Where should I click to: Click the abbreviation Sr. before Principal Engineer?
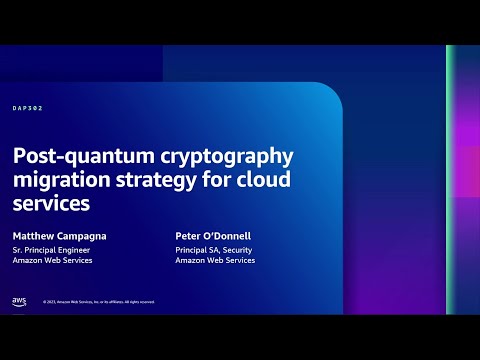tap(17, 248)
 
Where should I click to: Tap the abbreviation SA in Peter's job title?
tap(212, 248)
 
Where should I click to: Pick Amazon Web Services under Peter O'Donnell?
tap(214, 260)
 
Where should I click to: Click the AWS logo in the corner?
tap(19, 300)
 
